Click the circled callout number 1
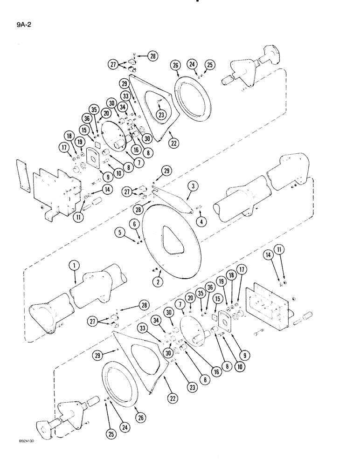point(73,266)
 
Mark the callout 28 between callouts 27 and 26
point(153,56)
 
